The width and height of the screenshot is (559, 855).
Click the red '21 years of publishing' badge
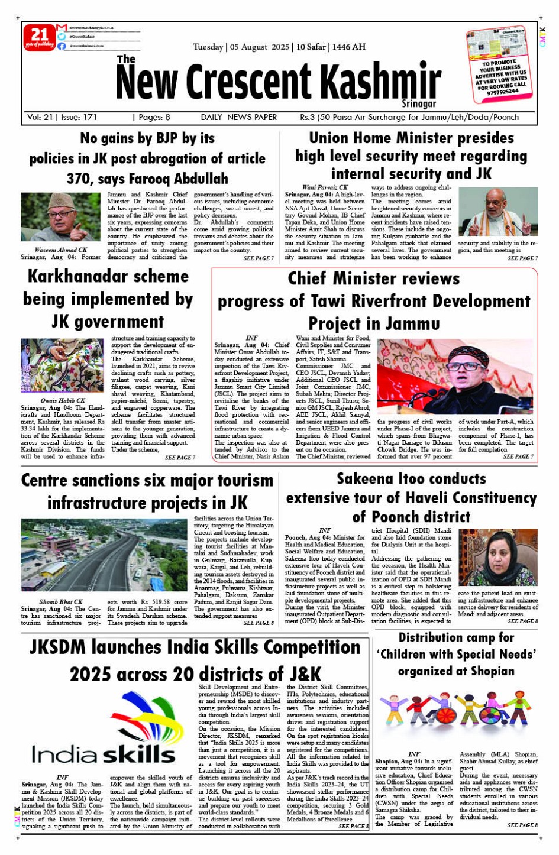[x=39, y=37]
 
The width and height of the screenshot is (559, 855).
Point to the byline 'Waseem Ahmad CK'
[x=61, y=250]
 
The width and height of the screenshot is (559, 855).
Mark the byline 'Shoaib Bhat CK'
[x=61, y=602]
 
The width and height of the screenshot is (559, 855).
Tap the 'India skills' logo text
[x=104, y=754]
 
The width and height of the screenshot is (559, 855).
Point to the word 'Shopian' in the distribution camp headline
[x=486, y=671]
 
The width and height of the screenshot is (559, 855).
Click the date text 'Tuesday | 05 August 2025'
[x=241, y=47]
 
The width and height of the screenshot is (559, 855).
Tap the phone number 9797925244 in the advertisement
[x=502, y=92]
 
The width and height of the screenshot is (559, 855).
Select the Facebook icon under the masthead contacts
[x=62, y=46]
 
